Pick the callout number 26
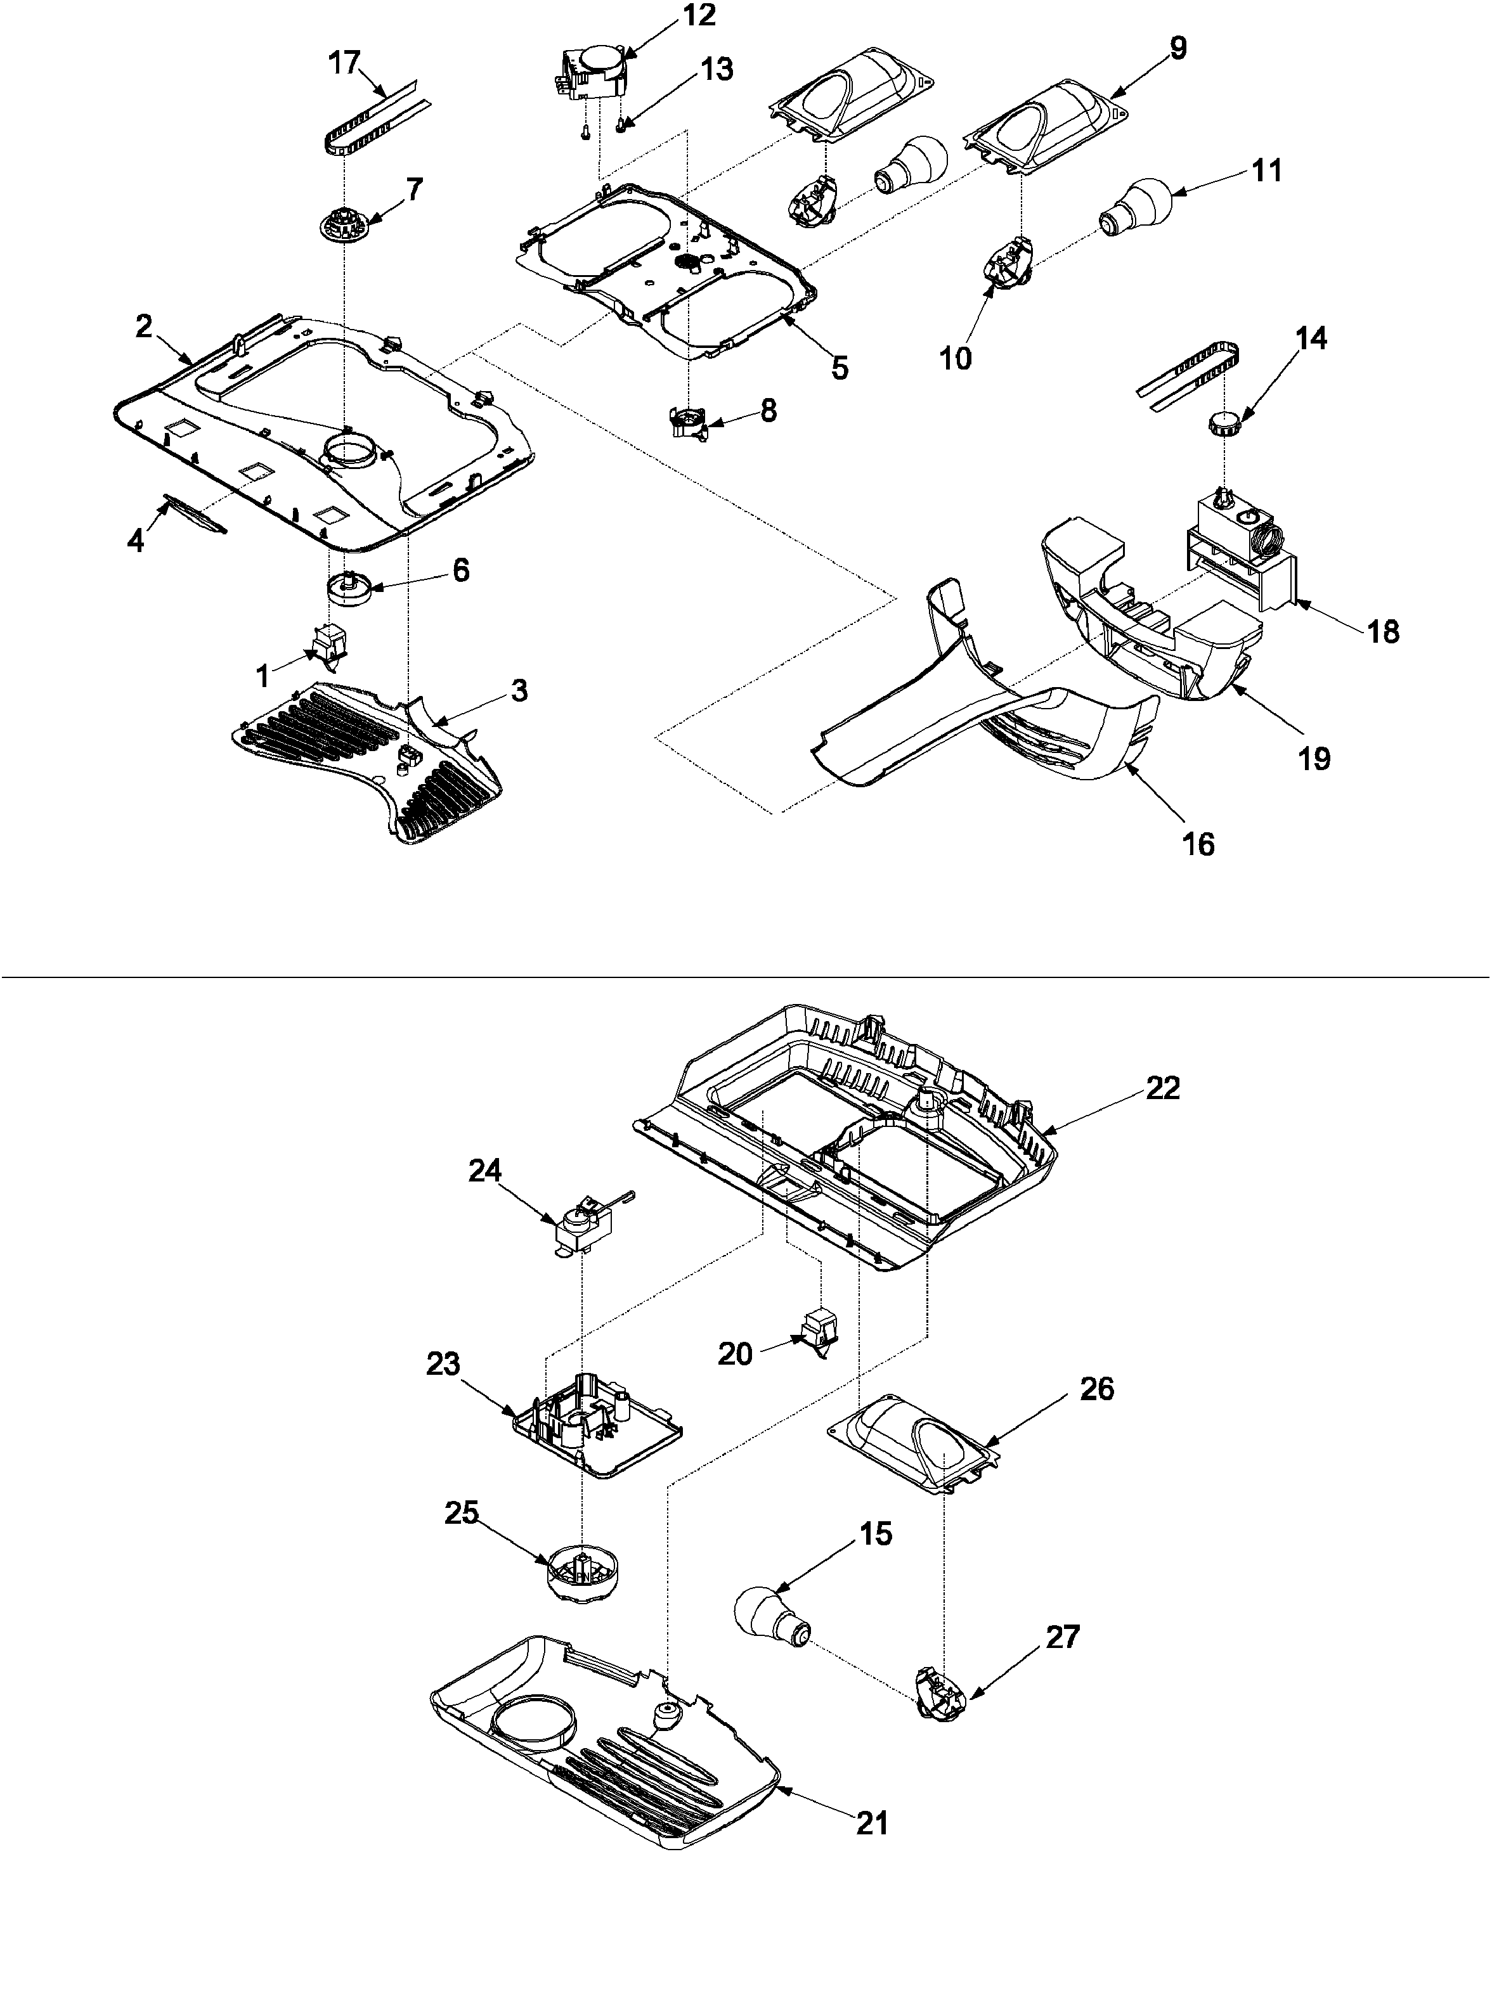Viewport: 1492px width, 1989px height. (1096, 1389)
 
